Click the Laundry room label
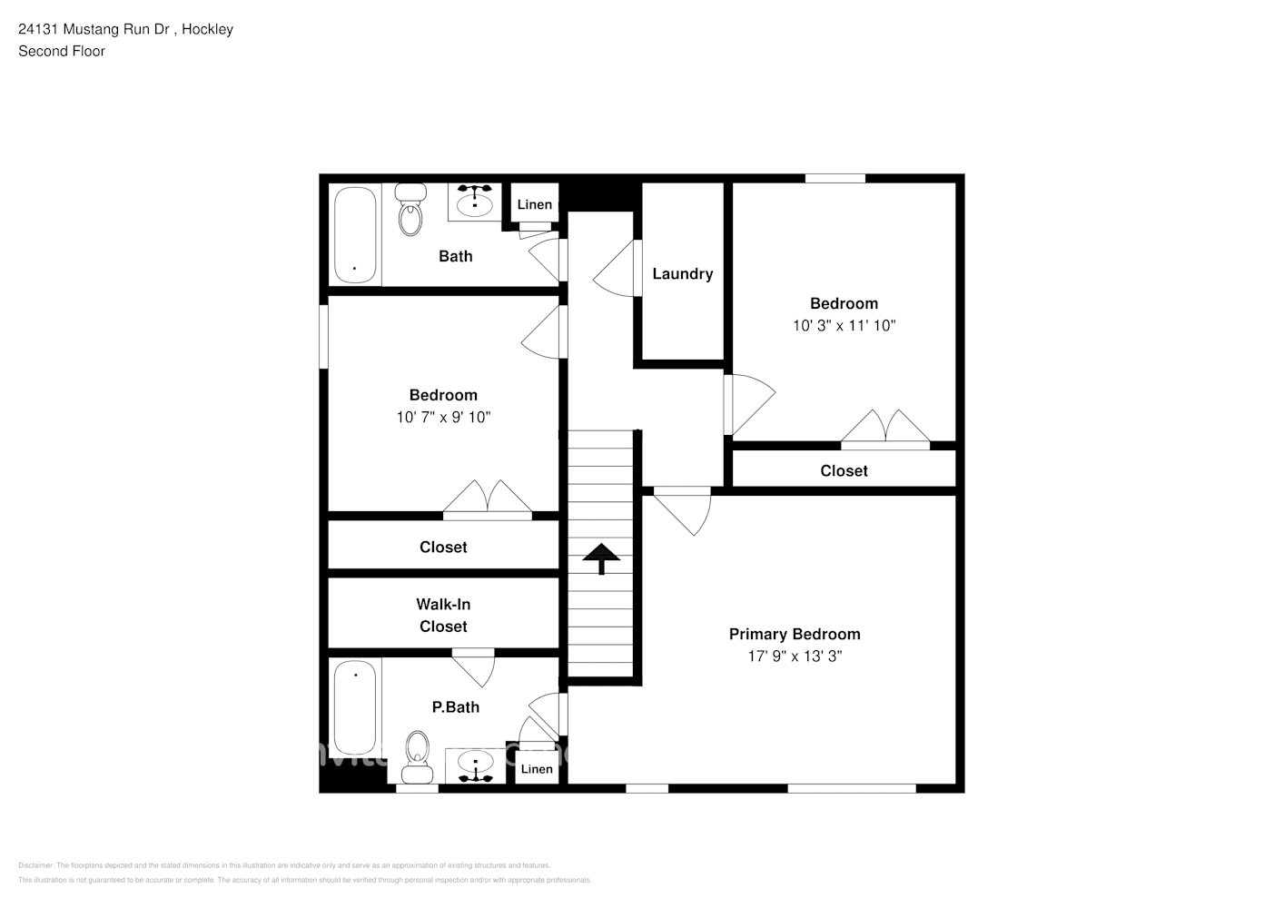682,273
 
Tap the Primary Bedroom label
795,634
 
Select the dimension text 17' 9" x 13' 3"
795,656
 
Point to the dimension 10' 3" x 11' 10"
844,325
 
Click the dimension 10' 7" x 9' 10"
443,417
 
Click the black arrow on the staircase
600,558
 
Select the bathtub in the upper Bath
354,234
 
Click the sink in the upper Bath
474,201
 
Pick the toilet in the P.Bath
418,755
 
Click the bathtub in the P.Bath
355,708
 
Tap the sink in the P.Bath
473,766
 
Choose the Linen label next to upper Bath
534,204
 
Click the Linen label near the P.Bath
537,769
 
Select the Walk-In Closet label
443,615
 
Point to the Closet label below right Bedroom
844,470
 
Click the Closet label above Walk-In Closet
443,547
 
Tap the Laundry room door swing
616,265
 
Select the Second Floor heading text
62,51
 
